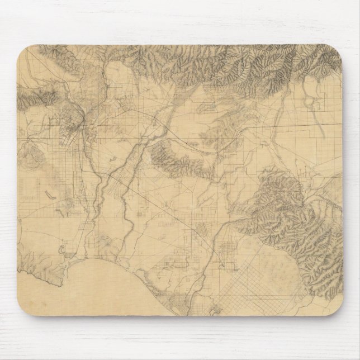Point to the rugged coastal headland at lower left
click(42, 267)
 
